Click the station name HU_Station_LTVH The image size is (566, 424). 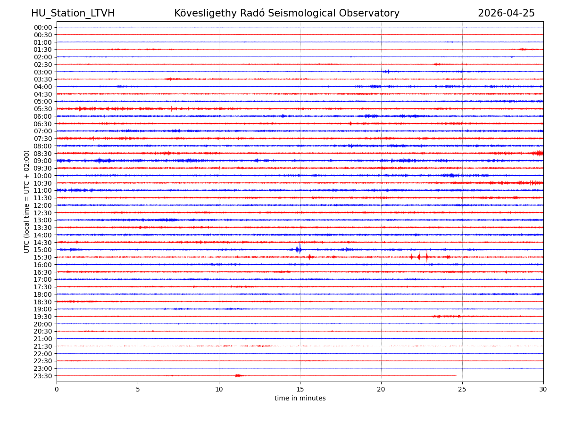pos(73,13)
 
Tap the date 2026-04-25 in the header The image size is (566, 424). pos(506,13)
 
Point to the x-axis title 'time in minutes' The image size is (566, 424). pos(300,399)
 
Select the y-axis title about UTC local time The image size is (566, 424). pos(27,202)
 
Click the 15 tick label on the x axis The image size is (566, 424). pos(300,390)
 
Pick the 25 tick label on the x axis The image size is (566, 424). pos(462,390)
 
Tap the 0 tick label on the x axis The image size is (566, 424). pos(57,390)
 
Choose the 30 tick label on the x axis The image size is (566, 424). pos(543,390)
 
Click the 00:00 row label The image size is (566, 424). pos(42,27)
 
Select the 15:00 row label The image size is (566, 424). pos(42,250)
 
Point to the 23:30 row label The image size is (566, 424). pos(42,376)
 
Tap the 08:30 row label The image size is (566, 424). pos(42,154)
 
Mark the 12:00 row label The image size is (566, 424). pos(42,205)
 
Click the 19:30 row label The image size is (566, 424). pos(42,317)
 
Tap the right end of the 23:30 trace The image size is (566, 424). pos(456,375)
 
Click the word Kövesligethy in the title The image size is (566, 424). pos(205,13)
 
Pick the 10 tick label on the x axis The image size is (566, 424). pos(219,390)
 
